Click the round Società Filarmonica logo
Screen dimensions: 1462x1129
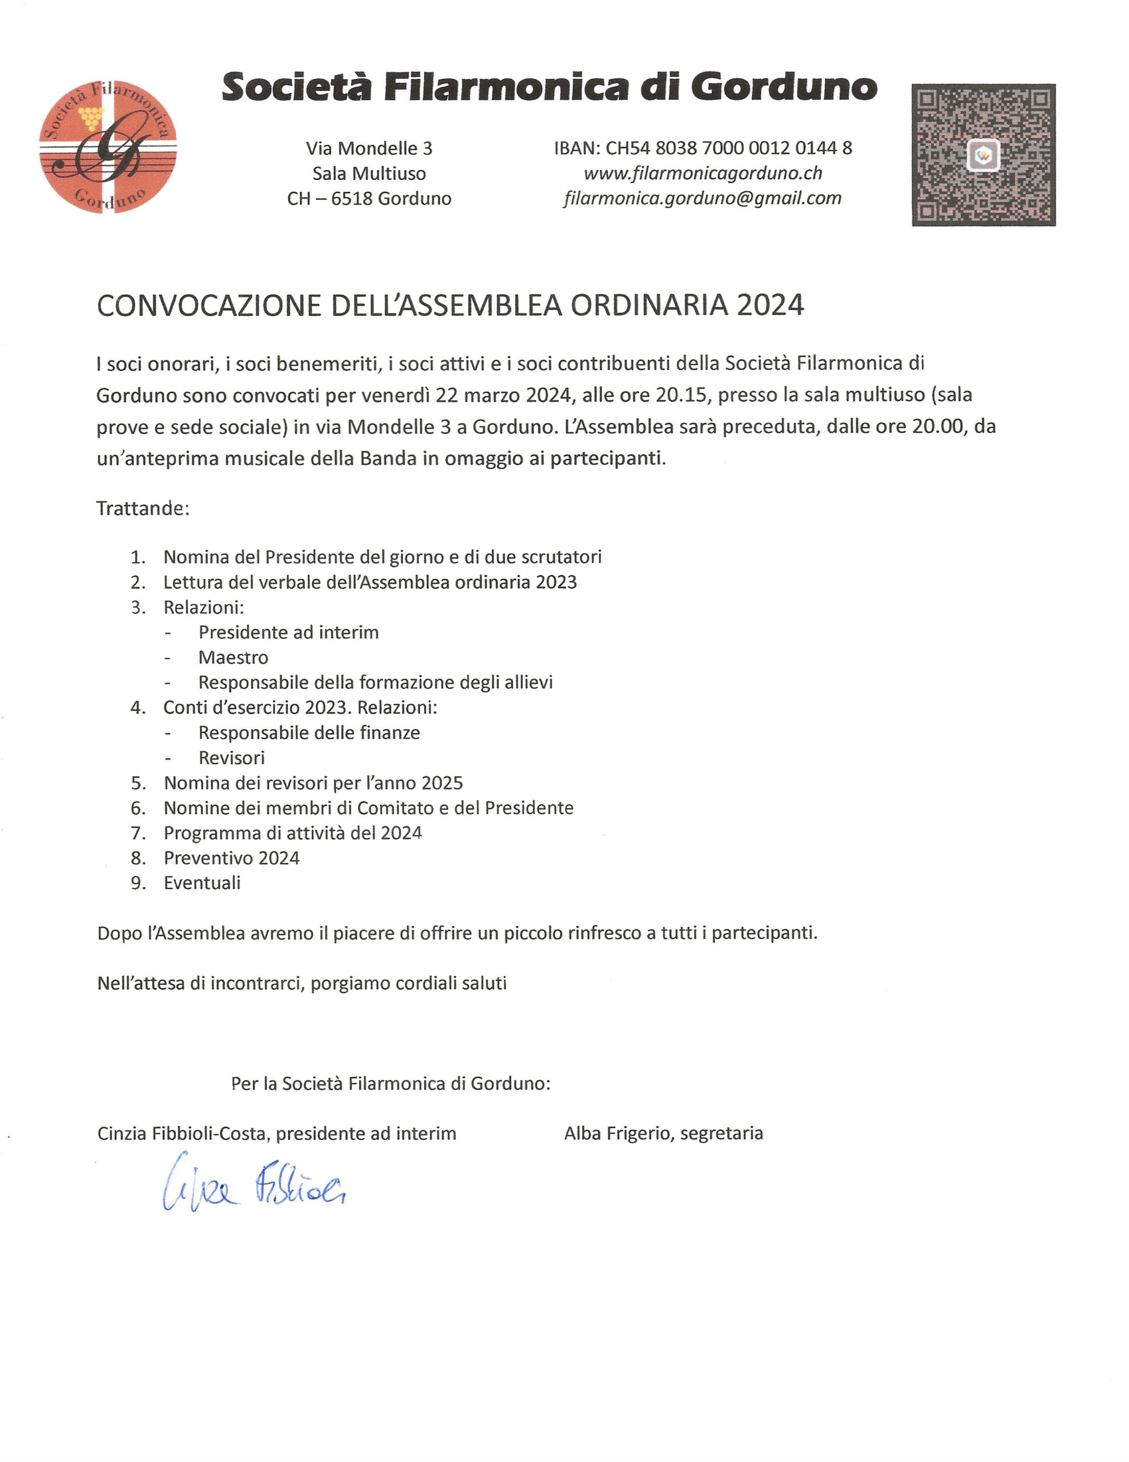(108, 147)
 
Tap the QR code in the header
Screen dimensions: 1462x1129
(983, 155)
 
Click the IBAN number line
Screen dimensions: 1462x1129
(703, 148)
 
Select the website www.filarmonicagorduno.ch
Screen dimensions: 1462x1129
(703, 174)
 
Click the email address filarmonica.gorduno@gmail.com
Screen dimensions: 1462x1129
(703, 198)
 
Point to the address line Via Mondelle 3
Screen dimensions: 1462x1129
(369, 148)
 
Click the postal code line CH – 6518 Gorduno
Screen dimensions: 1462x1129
(369, 199)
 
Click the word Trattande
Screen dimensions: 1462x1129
(143, 508)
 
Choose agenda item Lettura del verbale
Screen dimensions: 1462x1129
(369, 583)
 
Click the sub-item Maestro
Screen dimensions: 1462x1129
(233, 657)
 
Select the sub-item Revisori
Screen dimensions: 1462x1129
(232, 758)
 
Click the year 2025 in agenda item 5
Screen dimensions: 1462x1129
(442, 783)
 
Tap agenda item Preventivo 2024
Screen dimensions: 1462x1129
(232, 858)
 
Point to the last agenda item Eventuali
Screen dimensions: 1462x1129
(202, 883)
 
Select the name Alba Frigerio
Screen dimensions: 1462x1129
(617, 1133)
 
